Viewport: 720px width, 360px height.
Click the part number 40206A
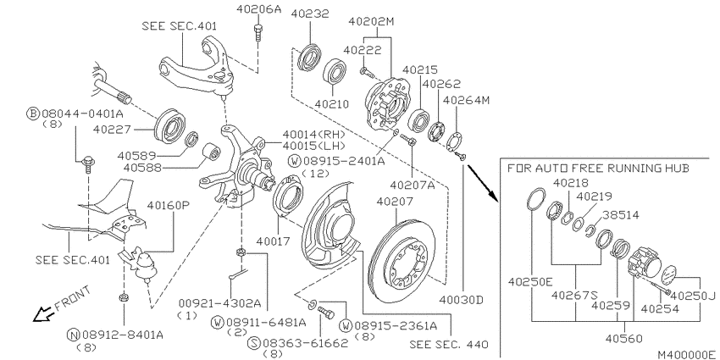coord(258,8)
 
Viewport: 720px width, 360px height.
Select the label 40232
coord(310,14)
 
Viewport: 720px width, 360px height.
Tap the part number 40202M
coord(371,21)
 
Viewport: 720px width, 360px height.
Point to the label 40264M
coord(466,100)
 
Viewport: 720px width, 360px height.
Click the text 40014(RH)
coord(313,134)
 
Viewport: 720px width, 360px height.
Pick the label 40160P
coord(168,205)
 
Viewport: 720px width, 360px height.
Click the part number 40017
coord(274,241)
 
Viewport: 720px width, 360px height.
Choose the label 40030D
coord(462,301)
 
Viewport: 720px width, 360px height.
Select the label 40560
coord(623,339)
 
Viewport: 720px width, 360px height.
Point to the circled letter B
coord(32,114)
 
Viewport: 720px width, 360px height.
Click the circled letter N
coord(72,335)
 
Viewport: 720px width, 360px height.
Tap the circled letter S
coord(253,342)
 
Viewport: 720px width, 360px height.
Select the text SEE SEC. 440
coord(449,344)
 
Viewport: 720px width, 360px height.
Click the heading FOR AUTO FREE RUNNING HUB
coord(598,168)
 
